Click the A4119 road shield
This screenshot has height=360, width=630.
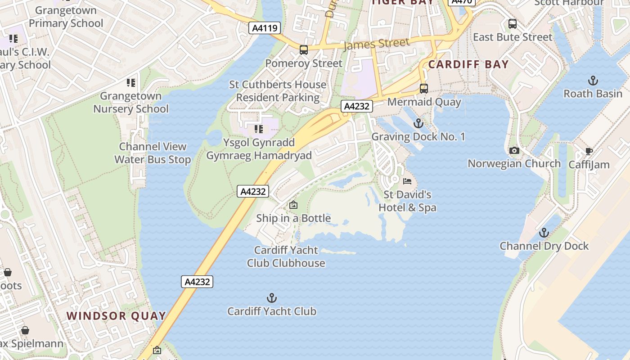[x=265, y=28]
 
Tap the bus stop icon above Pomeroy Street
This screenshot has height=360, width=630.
[x=304, y=49]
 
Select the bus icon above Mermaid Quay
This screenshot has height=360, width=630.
[x=423, y=88]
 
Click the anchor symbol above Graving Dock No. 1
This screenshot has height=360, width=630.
[x=418, y=123]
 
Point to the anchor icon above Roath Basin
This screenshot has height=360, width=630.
[x=593, y=81]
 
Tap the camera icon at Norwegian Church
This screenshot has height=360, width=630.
[x=514, y=151]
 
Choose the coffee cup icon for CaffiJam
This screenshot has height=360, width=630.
[x=589, y=152]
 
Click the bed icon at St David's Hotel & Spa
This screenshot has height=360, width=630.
[x=407, y=181]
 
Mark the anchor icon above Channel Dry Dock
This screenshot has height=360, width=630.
[x=544, y=233]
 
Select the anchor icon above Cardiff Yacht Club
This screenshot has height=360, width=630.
[x=271, y=297]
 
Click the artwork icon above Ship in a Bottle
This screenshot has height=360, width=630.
[x=293, y=205]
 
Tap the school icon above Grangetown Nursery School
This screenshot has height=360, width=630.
[x=131, y=83]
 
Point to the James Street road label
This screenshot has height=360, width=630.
[x=376, y=44]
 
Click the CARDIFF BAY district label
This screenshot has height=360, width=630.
[x=468, y=64]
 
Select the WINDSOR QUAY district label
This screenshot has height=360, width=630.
[x=117, y=316]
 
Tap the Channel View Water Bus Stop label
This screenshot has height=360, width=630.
[x=153, y=153]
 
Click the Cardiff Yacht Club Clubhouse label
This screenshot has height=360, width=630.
[x=286, y=256]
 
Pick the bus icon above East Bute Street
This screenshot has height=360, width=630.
[x=512, y=24]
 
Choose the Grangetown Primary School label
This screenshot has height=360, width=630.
[x=66, y=17]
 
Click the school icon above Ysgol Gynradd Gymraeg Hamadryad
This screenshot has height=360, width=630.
[x=259, y=130]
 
